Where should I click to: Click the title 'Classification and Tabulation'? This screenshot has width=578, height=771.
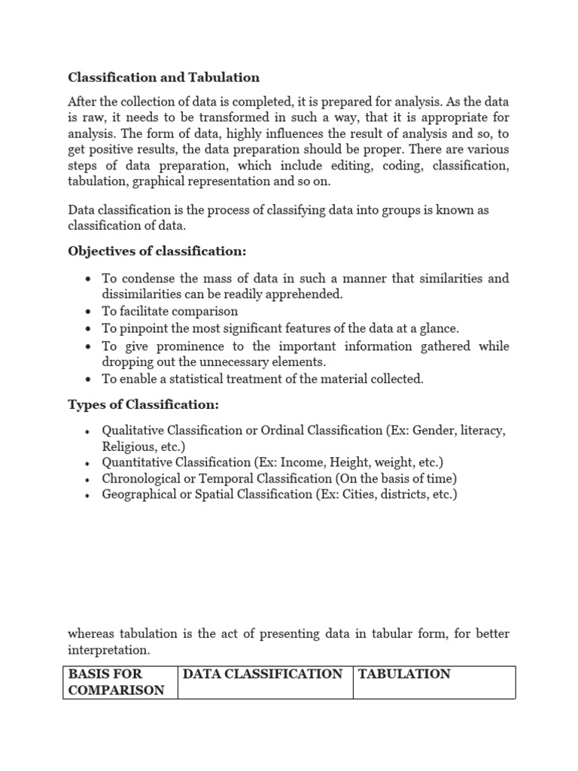coord(163,77)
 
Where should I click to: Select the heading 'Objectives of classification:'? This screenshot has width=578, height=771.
coord(157,251)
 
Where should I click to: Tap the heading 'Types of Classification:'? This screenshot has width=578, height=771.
coord(144,405)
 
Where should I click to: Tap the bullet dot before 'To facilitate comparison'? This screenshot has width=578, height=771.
coord(88,312)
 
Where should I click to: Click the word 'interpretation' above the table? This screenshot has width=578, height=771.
coord(109,649)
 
